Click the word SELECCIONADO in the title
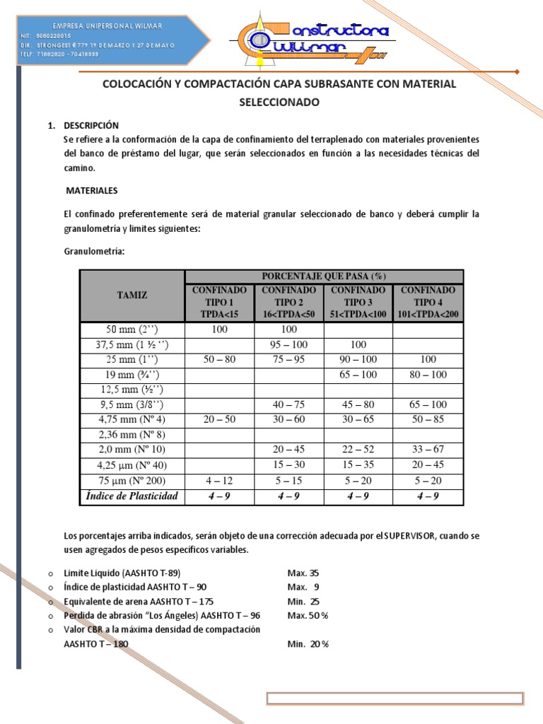coord(279,103)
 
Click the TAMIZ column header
coord(133,296)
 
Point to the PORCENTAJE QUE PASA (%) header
coord(324,276)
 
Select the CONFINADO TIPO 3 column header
coord(358,302)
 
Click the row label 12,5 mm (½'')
coord(133,390)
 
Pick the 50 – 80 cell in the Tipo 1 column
coord(219,359)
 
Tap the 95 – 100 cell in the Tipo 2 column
coord(288,344)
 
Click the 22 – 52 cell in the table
coord(358,450)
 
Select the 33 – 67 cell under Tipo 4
coord(428,450)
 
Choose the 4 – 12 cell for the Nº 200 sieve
coord(219,481)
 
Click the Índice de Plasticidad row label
coord(133,496)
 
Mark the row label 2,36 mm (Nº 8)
coord(133,434)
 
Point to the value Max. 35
coord(303,573)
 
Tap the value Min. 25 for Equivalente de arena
coord(303,602)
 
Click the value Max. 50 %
coord(308,616)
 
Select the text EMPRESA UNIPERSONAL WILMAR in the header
coord(98,26)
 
